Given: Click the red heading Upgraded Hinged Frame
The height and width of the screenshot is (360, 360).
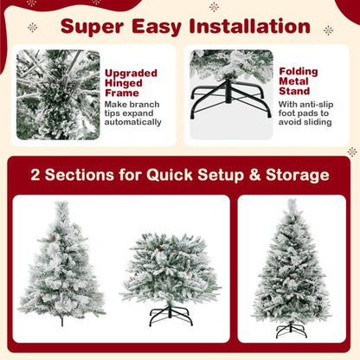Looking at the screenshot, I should coord(126,85).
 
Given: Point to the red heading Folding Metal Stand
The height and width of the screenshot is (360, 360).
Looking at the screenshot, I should coord(299,83).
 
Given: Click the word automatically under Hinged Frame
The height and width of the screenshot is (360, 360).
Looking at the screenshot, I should coord(133,122).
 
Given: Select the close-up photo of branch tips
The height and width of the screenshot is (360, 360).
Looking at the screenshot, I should coord(58,95).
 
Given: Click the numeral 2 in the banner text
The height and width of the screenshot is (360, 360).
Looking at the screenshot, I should coord(36,176).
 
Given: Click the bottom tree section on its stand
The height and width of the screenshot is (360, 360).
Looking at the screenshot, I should coord(159,269).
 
